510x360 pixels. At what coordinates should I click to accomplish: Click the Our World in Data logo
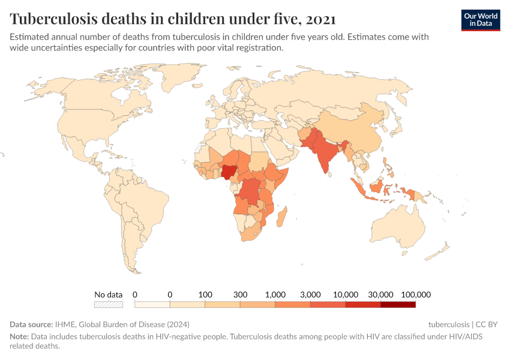(480, 20)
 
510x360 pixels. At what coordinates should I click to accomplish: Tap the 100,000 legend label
(416, 295)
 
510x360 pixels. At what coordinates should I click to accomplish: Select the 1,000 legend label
(275, 295)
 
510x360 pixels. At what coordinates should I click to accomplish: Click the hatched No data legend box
(109, 304)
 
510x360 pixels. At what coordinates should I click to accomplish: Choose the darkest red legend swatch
(398, 304)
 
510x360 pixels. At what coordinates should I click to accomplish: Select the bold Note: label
(19, 337)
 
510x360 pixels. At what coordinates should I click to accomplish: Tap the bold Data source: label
(31, 324)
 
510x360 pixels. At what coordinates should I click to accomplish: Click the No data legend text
(109, 295)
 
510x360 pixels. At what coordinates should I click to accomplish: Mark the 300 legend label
(241, 295)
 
